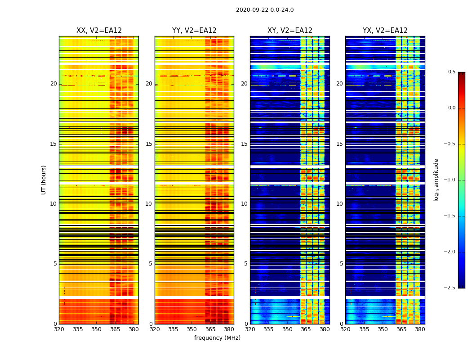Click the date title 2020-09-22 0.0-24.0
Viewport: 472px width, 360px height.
point(265,10)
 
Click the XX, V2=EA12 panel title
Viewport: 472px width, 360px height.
point(99,31)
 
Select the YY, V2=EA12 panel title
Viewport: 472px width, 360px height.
point(194,31)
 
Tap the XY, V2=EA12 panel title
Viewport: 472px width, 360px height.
point(290,31)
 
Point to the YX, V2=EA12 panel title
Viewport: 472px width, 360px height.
point(385,31)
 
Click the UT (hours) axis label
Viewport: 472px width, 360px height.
point(44,180)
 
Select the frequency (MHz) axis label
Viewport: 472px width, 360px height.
point(217,338)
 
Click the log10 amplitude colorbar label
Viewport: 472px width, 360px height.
point(436,180)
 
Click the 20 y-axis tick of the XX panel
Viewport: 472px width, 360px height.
point(53,84)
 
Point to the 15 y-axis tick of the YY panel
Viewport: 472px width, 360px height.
point(149,144)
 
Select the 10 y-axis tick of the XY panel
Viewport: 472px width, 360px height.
point(244,204)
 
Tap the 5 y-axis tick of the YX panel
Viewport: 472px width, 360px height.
point(341,264)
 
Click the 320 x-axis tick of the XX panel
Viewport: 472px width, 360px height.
point(59,329)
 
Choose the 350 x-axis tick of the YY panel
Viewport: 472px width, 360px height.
point(192,329)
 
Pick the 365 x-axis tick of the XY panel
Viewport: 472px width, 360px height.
point(306,329)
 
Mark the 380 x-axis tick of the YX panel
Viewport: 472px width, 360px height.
point(420,329)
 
